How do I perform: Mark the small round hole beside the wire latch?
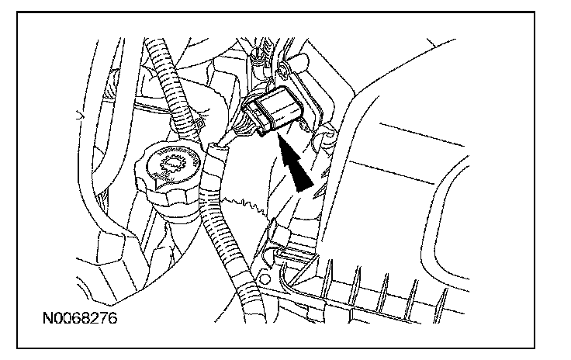point(268,276)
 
